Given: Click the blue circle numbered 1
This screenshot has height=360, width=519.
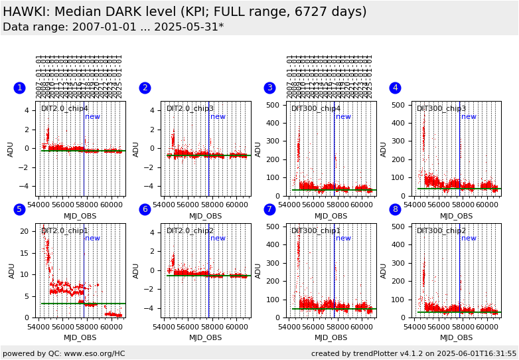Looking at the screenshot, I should (20, 88).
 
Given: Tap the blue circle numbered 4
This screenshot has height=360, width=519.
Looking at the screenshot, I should (395, 88).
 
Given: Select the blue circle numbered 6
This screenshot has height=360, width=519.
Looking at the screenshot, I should (145, 210).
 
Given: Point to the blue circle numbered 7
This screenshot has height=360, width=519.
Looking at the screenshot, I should (269, 210).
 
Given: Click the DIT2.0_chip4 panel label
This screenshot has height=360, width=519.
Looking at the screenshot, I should (64, 109).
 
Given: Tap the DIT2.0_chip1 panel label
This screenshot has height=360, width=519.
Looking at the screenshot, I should (64, 231).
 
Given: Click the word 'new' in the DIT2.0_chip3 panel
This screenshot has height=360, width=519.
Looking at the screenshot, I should (218, 117).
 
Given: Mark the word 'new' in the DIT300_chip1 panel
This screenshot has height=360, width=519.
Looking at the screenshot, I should (343, 238).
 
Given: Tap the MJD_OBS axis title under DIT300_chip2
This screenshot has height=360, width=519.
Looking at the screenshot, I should (456, 338).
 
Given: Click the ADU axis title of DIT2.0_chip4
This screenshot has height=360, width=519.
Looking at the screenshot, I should (11, 149).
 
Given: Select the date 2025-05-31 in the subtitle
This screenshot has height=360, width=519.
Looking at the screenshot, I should (190, 27).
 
